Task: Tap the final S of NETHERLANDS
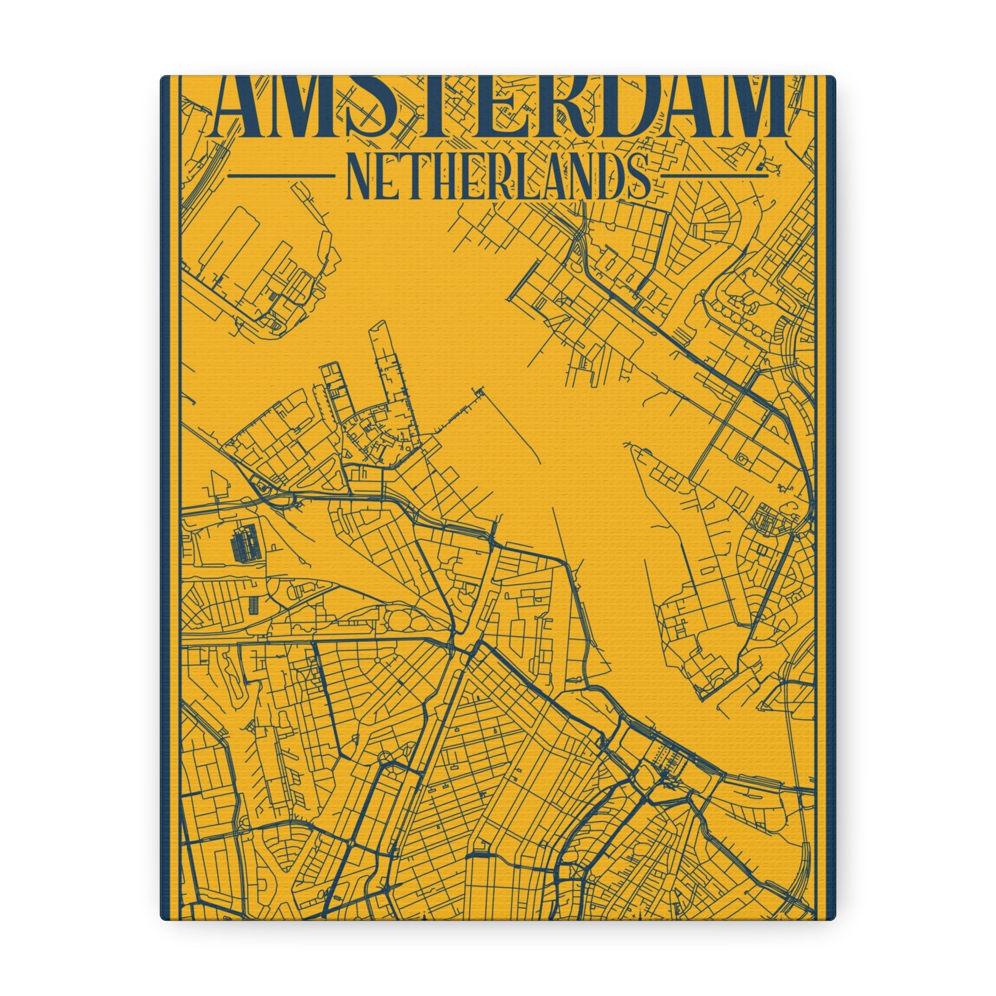(637, 176)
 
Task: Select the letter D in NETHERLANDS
(608, 176)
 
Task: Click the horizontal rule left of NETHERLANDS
(281, 176)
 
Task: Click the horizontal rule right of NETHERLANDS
(714, 176)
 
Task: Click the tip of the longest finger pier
(380, 325)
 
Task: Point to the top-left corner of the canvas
(161, 76)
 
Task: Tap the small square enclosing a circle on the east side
(742, 458)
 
